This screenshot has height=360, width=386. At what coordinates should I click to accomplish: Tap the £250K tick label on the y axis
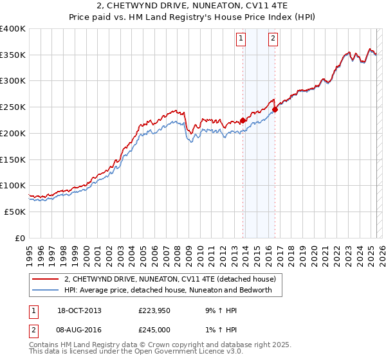[13, 107]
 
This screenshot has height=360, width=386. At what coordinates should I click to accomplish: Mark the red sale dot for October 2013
[243, 120]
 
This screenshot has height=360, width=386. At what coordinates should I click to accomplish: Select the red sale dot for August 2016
[275, 109]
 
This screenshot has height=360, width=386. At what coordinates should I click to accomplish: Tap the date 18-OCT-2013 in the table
[79, 310]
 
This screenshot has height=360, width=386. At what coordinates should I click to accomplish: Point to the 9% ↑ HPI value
[219, 310]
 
